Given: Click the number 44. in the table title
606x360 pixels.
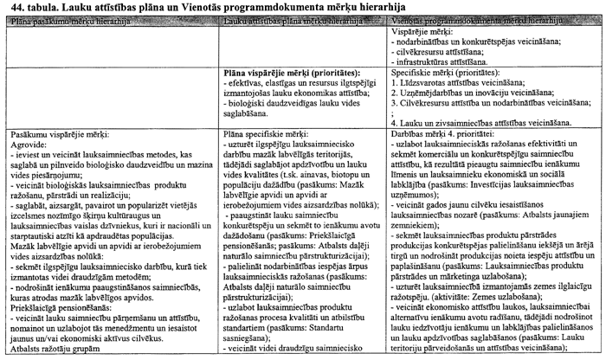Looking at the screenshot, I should pyautogui.click(x=12, y=7).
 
